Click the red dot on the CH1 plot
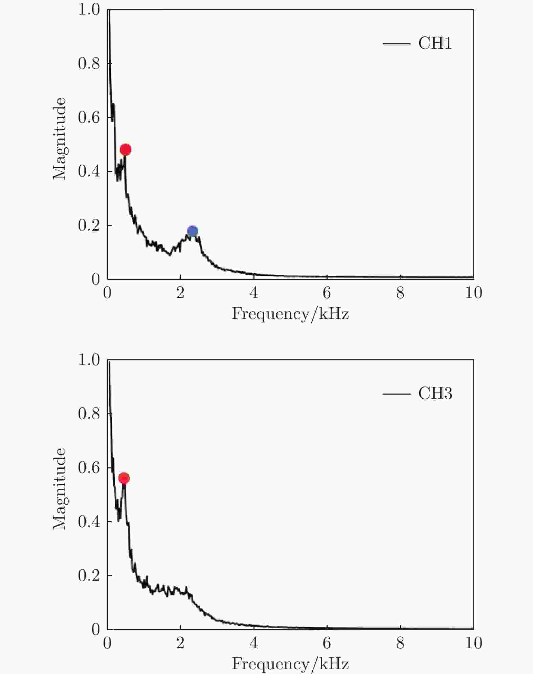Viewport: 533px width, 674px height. pyautogui.click(x=126, y=149)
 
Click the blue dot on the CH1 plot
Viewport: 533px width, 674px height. pyautogui.click(x=192, y=231)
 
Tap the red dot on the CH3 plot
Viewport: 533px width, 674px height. pyautogui.click(x=124, y=478)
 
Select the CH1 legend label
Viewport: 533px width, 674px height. pyautogui.click(x=435, y=44)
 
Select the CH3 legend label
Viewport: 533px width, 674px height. pyautogui.click(x=435, y=394)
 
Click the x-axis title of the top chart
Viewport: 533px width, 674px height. pyautogui.click(x=290, y=314)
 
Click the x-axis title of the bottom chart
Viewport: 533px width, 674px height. pyautogui.click(x=290, y=664)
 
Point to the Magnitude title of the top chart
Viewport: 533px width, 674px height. pyautogui.click(x=60, y=139)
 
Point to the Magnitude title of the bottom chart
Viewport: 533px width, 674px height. pyautogui.click(x=60, y=489)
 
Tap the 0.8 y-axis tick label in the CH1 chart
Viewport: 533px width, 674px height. pyautogui.click(x=89, y=64)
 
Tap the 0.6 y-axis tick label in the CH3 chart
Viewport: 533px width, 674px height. pyautogui.click(x=89, y=468)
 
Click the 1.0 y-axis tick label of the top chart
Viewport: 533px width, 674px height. pyautogui.click(x=89, y=10)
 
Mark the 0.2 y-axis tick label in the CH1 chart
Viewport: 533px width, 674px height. pyautogui.click(x=89, y=226)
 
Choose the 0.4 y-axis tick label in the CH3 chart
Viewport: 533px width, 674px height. pyautogui.click(x=89, y=522)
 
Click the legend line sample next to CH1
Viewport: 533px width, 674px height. pyautogui.click(x=396, y=44)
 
